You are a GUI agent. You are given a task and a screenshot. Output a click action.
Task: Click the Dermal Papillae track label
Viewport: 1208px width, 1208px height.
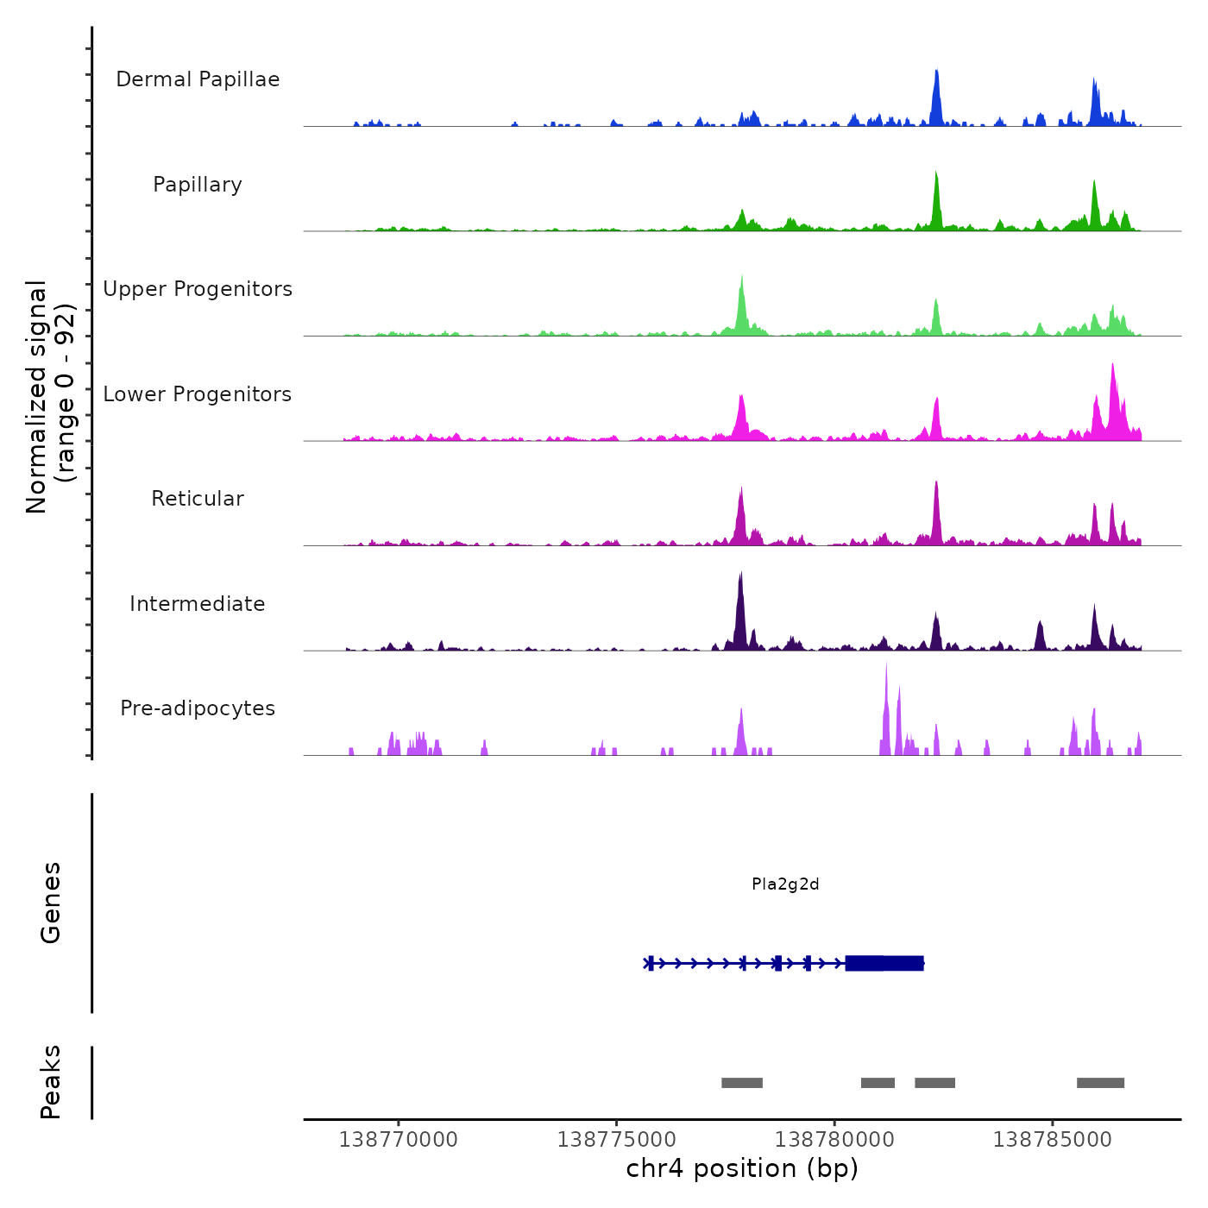[198, 79]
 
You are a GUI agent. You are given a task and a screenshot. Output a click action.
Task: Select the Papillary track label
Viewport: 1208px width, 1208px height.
[198, 185]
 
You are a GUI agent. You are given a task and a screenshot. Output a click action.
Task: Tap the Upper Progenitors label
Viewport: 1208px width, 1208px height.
[198, 289]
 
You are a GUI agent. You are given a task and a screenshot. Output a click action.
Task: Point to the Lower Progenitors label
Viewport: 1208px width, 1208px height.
[198, 394]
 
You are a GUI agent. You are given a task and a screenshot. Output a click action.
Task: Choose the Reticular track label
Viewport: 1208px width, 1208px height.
[198, 499]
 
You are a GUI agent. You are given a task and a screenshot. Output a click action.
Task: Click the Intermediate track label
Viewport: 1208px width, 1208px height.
[198, 604]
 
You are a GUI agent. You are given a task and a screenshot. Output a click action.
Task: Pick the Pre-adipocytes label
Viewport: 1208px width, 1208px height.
[198, 708]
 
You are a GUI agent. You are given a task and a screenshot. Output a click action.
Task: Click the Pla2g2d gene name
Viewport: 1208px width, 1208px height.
[785, 884]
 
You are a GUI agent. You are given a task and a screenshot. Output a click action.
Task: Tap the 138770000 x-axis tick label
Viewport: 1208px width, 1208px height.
[399, 1140]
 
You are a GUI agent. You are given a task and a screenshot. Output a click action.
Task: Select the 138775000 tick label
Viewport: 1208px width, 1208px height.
[617, 1140]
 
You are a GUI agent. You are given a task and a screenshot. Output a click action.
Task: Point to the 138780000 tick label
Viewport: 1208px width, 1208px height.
[834, 1140]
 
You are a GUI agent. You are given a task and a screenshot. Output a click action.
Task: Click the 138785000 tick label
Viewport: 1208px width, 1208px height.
[1053, 1140]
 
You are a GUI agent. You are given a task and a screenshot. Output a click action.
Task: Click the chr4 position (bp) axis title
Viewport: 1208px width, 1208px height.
[742, 1169]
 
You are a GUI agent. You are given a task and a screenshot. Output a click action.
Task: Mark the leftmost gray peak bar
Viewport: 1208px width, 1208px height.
[742, 1083]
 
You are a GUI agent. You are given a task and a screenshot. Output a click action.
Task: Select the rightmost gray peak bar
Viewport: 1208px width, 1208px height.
[1100, 1083]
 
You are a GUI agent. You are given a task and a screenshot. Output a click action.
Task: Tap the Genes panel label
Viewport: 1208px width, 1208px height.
[51, 903]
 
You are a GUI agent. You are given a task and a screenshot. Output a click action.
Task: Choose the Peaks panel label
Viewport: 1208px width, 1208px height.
[51, 1082]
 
